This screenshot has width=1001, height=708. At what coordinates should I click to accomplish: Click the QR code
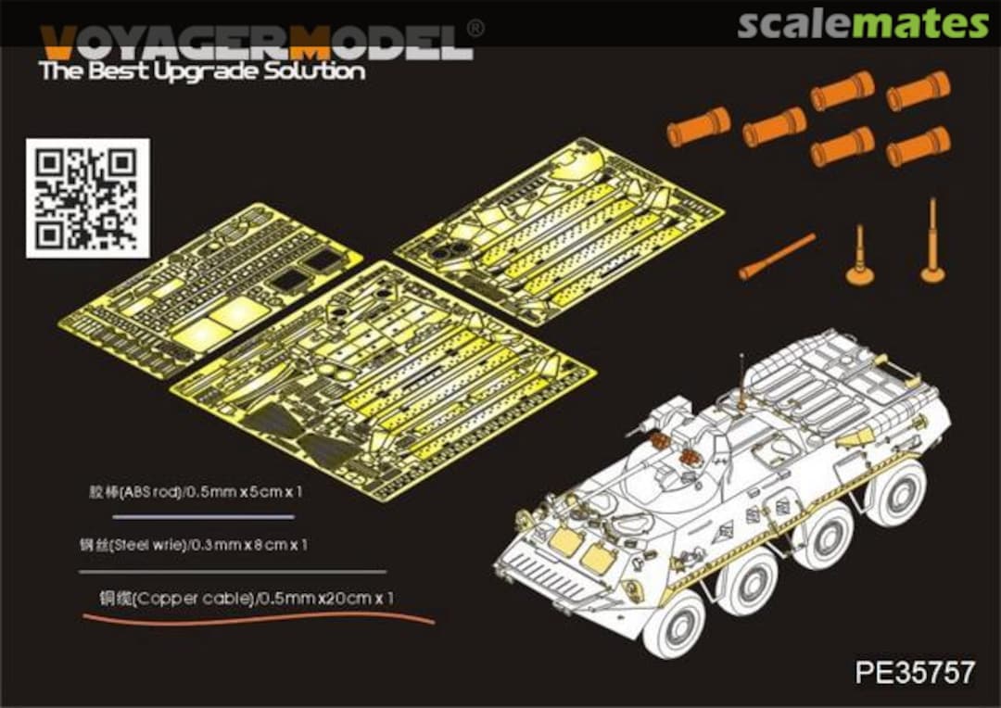click(87, 197)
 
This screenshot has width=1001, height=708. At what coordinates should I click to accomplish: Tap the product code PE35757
click(915, 672)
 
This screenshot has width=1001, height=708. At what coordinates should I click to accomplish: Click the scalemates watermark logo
click(863, 24)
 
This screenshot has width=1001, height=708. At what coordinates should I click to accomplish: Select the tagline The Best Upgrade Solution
click(202, 71)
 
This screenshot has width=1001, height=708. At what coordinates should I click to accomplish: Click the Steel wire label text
click(194, 545)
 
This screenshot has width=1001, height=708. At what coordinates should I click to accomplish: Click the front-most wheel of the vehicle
click(674, 624)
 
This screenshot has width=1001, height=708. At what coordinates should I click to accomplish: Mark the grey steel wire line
click(232, 572)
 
